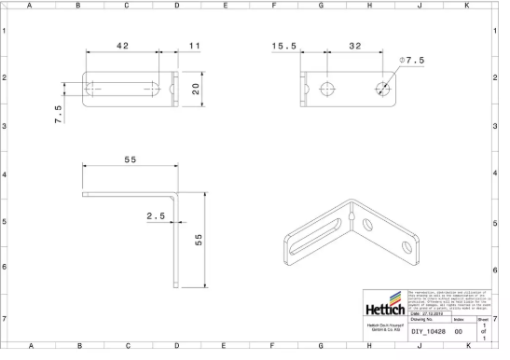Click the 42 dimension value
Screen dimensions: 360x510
pos(122,46)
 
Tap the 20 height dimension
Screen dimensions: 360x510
pos(196,89)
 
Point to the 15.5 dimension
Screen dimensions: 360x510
pos(284,46)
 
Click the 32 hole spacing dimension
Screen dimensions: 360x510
pos(354,46)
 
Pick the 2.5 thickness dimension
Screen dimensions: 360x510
pos(155,217)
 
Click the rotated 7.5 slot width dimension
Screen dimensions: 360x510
pos(58,113)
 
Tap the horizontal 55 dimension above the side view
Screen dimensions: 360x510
pos(129,160)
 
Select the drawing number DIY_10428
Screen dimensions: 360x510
pos(431,331)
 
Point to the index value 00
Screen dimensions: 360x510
pos(458,331)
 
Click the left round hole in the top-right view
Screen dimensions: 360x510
pos(327,90)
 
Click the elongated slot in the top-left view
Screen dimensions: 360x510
pos(122,89)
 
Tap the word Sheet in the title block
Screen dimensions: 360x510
pos(482,319)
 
